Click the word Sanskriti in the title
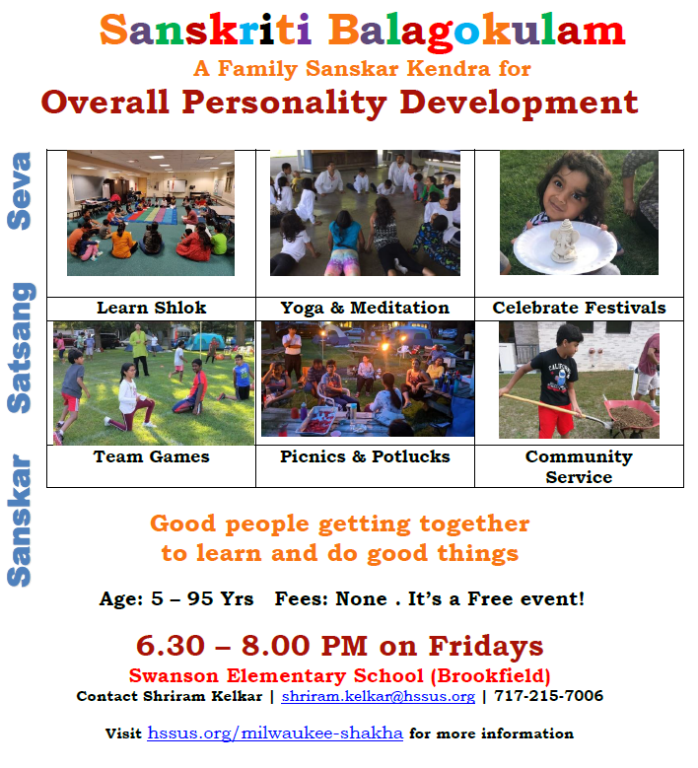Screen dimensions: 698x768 [205, 30]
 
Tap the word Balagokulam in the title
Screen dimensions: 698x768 [476, 32]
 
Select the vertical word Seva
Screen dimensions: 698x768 [20, 190]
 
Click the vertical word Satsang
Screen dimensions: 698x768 [21, 348]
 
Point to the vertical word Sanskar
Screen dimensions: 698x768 [20, 521]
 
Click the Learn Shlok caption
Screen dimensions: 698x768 [152, 308]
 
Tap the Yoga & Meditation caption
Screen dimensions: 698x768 [365, 308]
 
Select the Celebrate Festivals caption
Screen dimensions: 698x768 [579, 308]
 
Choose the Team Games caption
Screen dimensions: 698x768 [152, 456]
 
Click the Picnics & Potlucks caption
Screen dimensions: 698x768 [365, 456]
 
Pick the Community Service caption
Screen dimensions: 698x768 [579, 466]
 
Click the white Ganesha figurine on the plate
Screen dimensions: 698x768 [565, 241]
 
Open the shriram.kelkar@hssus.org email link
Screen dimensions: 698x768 [379, 696]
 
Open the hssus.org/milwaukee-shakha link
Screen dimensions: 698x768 [275, 733]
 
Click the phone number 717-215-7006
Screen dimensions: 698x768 [548, 695]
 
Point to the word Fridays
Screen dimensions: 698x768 [486, 646]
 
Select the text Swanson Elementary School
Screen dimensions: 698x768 [276, 676]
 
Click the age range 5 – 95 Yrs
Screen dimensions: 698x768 [202, 599]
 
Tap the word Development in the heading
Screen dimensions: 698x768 [519, 103]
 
